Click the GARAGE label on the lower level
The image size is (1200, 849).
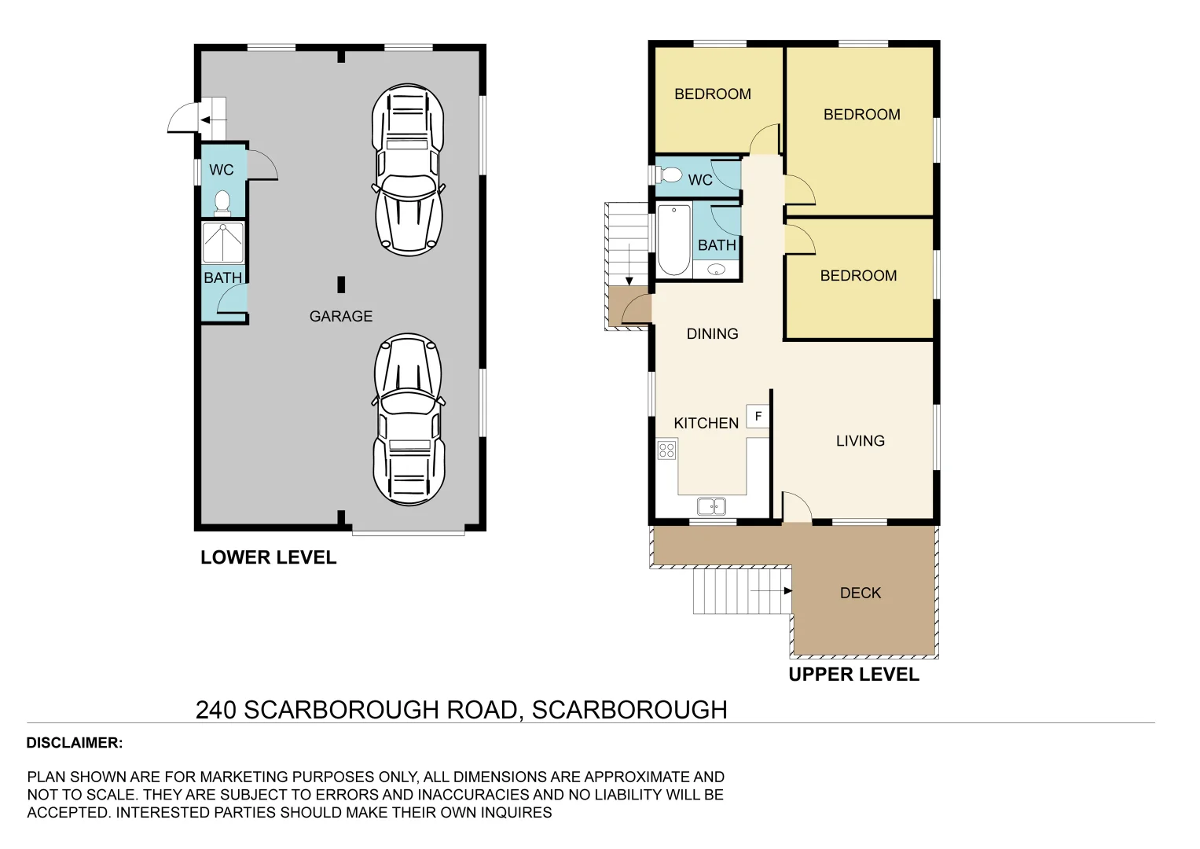pos(340,316)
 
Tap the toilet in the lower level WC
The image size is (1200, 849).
pos(222,203)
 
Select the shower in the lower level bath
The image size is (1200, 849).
pos(223,242)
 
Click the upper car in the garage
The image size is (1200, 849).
pos(408,170)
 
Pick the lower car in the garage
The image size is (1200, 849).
pos(408,419)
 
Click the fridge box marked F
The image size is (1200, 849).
pos(758,416)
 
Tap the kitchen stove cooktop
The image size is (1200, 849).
pos(666,450)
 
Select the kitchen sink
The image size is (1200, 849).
pos(711,506)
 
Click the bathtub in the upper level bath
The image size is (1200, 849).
pos(673,240)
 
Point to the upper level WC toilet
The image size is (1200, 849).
pos(670,175)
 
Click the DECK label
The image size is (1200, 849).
pos(860,593)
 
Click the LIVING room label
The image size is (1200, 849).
pos(860,441)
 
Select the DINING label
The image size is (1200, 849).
pos(712,334)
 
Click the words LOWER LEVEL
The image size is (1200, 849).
pos(268,557)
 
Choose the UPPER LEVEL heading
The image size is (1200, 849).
pos(853,674)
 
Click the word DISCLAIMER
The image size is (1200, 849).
pos(74,743)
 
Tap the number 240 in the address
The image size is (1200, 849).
pos(215,710)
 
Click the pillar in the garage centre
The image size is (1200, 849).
pos(341,285)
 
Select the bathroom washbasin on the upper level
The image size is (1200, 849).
pos(716,270)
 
